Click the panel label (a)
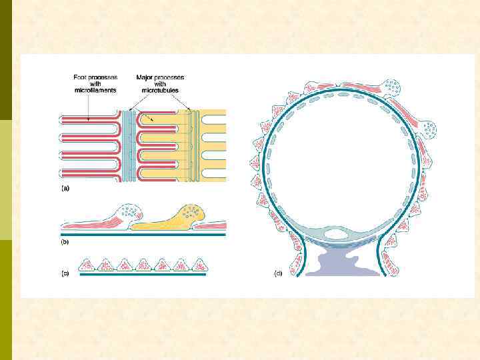click(65, 189)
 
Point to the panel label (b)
click(65, 243)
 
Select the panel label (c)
click(65, 273)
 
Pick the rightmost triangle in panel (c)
click(197, 265)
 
